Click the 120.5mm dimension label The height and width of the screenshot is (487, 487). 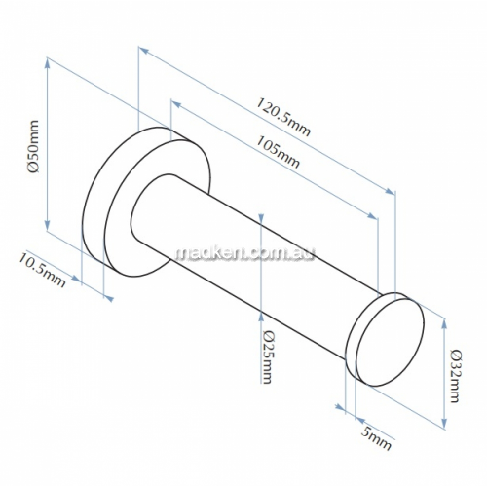pyautogui.click(x=283, y=117)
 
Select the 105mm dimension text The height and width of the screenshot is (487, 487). pyautogui.click(x=278, y=152)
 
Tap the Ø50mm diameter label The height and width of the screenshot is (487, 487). pyautogui.click(x=34, y=146)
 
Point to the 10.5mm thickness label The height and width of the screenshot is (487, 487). pyautogui.click(x=42, y=270)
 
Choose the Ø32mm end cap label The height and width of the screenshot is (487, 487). pyautogui.click(x=454, y=376)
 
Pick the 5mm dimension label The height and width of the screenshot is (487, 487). pyautogui.click(x=376, y=438)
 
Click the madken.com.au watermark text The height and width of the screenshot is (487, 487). pyautogui.click(x=245, y=253)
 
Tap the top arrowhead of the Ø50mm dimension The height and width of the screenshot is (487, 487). pyautogui.click(x=48, y=63)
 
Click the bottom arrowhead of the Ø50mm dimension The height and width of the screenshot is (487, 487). pyautogui.click(x=48, y=225)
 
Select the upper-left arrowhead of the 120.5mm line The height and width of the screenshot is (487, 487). pyautogui.click(x=144, y=50)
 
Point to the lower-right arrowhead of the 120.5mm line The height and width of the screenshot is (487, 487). pyautogui.click(x=390, y=191)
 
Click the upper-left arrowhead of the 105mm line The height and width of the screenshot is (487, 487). pyautogui.click(x=175, y=104)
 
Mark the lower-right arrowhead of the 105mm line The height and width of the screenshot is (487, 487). pyautogui.click(x=372, y=216)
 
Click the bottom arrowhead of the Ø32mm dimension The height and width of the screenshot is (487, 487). pyautogui.click(x=444, y=423)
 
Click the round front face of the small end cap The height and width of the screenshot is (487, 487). pyautogui.click(x=390, y=342)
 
